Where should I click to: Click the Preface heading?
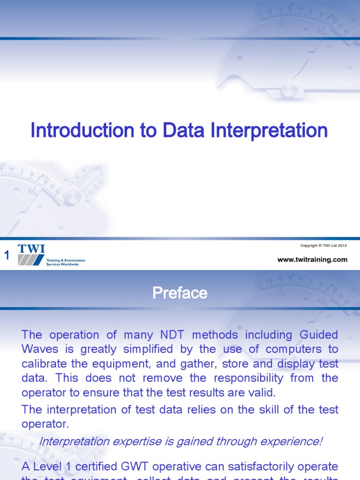(180, 293)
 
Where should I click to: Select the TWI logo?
(31, 255)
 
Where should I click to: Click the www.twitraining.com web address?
(312, 259)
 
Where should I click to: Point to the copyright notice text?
(323, 246)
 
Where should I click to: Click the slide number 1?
(7, 255)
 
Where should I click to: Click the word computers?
(301, 350)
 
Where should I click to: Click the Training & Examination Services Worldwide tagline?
(66, 262)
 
